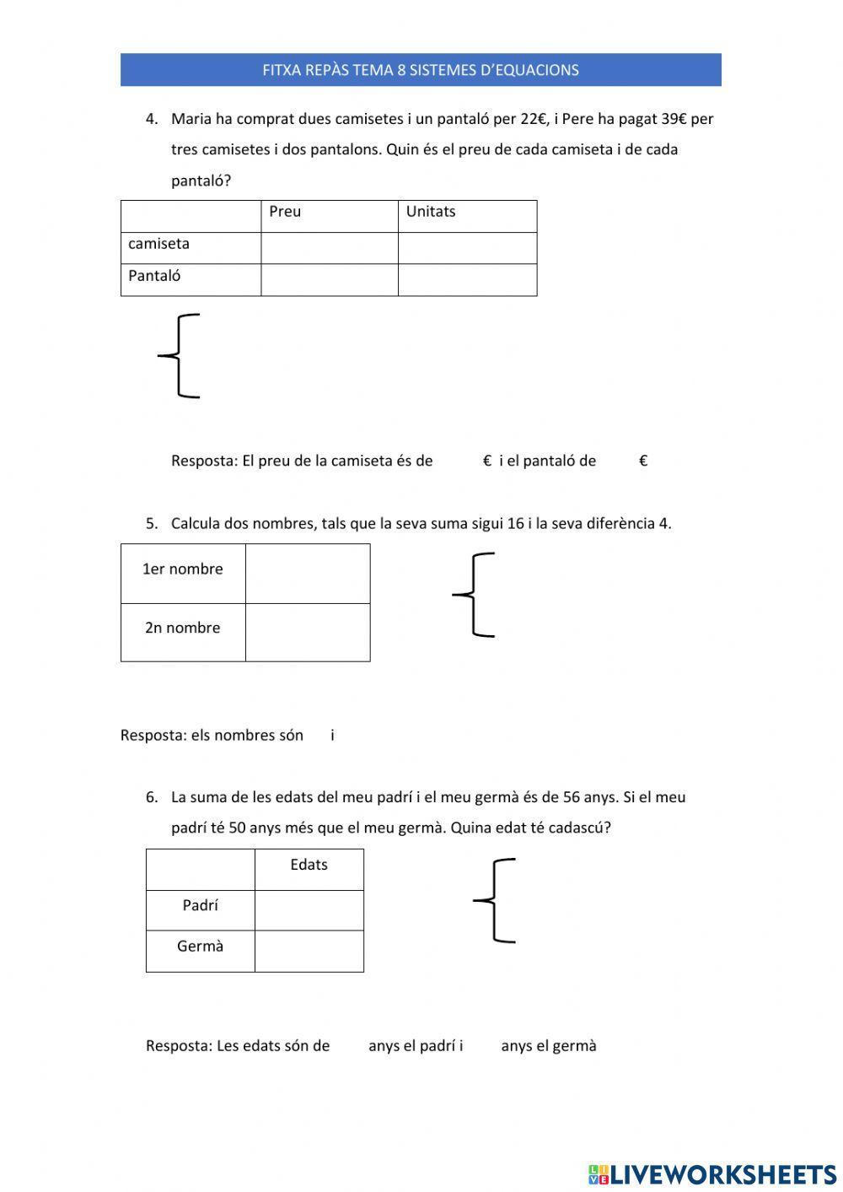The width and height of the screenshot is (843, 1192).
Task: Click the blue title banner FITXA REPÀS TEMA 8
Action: click(x=421, y=70)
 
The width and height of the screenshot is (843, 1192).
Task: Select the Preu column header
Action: click(x=285, y=212)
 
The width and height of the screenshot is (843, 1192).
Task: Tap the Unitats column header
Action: click(x=430, y=212)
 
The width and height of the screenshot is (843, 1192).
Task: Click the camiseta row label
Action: click(x=158, y=244)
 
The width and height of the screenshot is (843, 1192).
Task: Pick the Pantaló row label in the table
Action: click(x=154, y=276)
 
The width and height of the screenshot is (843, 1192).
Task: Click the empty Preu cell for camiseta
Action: click(x=329, y=248)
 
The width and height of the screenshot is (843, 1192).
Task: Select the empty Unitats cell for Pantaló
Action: click(x=467, y=280)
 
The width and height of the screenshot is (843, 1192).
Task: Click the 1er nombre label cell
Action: click(x=183, y=569)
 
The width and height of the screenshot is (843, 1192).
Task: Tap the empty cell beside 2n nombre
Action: click(x=308, y=633)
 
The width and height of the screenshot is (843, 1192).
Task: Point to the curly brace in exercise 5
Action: click(x=475, y=595)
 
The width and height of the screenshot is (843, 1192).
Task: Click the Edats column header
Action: click(x=309, y=865)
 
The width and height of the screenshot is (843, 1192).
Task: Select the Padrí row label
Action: click(x=200, y=906)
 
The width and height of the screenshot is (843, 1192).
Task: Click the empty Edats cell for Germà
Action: click(x=309, y=952)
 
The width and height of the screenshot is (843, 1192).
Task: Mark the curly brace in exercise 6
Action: click(x=496, y=900)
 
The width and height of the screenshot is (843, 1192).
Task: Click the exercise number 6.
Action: click(x=151, y=797)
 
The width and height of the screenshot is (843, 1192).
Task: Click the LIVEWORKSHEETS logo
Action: click(x=712, y=1173)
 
